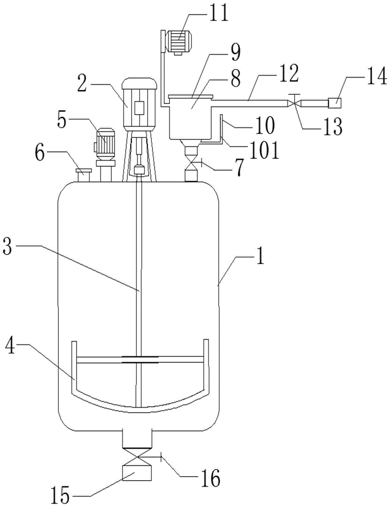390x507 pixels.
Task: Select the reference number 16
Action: click(209, 477)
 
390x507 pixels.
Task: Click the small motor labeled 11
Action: click(178, 42)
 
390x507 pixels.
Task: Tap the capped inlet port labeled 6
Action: click(84, 175)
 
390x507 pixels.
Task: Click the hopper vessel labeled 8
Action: click(190, 118)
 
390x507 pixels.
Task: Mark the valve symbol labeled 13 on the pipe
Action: click(294, 103)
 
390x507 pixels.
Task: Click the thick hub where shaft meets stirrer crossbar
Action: click(139, 359)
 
